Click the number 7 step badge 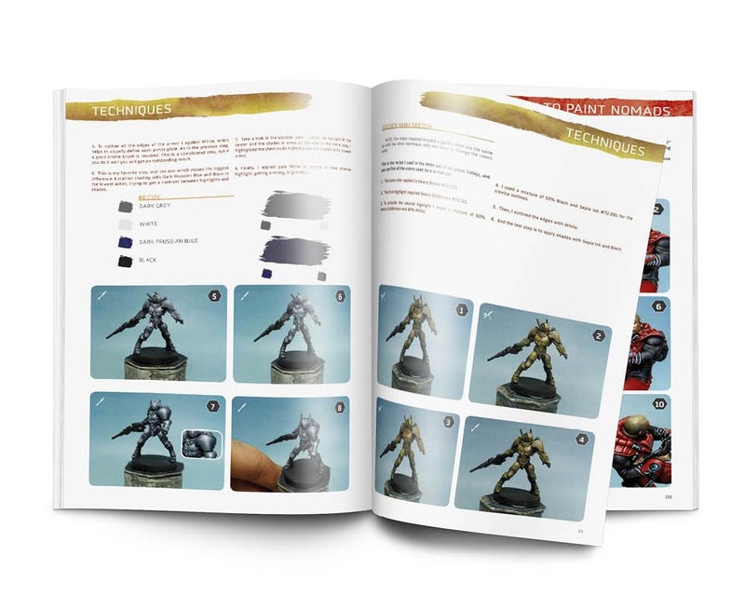(x=212, y=407)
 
